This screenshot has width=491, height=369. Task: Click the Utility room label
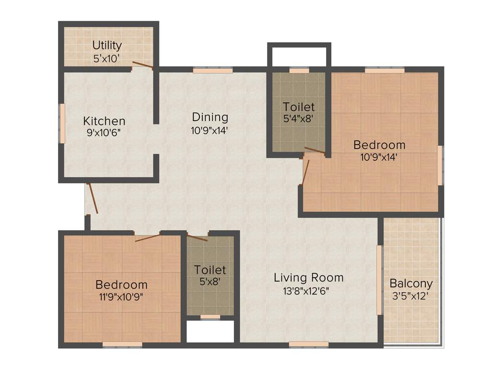(x=107, y=45)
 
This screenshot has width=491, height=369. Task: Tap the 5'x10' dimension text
(x=107, y=59)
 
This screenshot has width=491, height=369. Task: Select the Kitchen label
(x=104, y=121)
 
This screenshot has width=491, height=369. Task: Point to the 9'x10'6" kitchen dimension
(x=104, y=133)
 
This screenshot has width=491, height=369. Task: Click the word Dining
(x=210, y=117)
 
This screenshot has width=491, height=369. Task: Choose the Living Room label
(x=308, y=277)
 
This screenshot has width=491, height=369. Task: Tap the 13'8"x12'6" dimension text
(x=308, y=290)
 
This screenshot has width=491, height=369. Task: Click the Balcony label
(x=411, y=283)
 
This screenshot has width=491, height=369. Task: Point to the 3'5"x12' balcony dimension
(x=411, y=295)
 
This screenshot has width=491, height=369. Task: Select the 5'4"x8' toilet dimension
(x=298, y=118)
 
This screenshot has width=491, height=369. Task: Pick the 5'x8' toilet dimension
(x=210, y=282)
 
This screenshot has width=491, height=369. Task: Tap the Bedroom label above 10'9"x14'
(x=379, y=144)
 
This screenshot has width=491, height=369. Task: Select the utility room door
(x=143, y=65)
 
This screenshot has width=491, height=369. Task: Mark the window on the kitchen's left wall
(x=62, y=123)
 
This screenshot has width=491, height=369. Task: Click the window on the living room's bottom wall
(x=308, y=344)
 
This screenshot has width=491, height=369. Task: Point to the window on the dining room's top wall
(x=213, y=70)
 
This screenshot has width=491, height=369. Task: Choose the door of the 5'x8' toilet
(x=197, y=237)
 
